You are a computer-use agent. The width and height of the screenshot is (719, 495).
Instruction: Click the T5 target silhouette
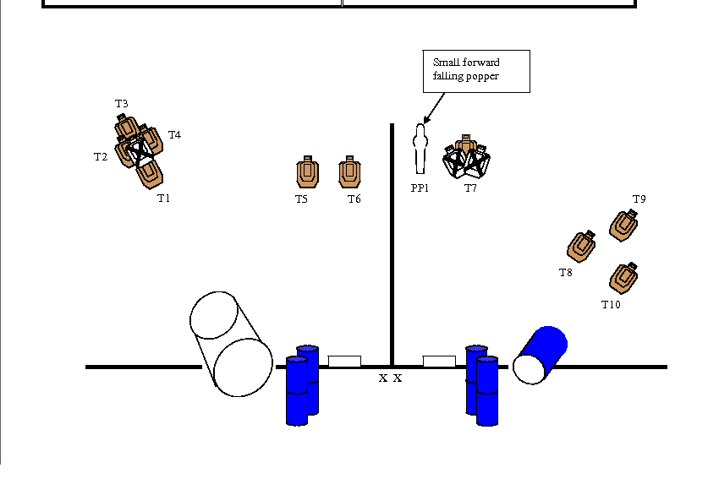click(308, 172)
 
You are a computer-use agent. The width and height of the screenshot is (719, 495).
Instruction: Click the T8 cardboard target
click(582, 246)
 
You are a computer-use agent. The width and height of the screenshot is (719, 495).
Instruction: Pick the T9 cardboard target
click(625, 224)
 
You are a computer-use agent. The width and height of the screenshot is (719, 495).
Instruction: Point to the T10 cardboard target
click(624, 277)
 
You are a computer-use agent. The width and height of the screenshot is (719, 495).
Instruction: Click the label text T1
click(163, 199)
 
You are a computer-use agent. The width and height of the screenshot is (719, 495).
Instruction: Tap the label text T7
click(470, 188)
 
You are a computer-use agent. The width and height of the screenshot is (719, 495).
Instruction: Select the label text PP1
click(420, 188)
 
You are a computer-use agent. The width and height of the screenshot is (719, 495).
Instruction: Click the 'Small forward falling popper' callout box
click(476, 71)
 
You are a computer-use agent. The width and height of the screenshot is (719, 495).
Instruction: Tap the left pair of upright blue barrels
click(302, 384)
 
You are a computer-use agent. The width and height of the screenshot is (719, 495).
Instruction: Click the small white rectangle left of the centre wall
click(344, 362)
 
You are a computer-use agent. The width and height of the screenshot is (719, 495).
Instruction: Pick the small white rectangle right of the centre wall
click(439, 362)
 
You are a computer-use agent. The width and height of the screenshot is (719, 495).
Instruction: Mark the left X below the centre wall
click(383, 378)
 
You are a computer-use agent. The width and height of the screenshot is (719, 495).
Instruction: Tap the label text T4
click(174, 134)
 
